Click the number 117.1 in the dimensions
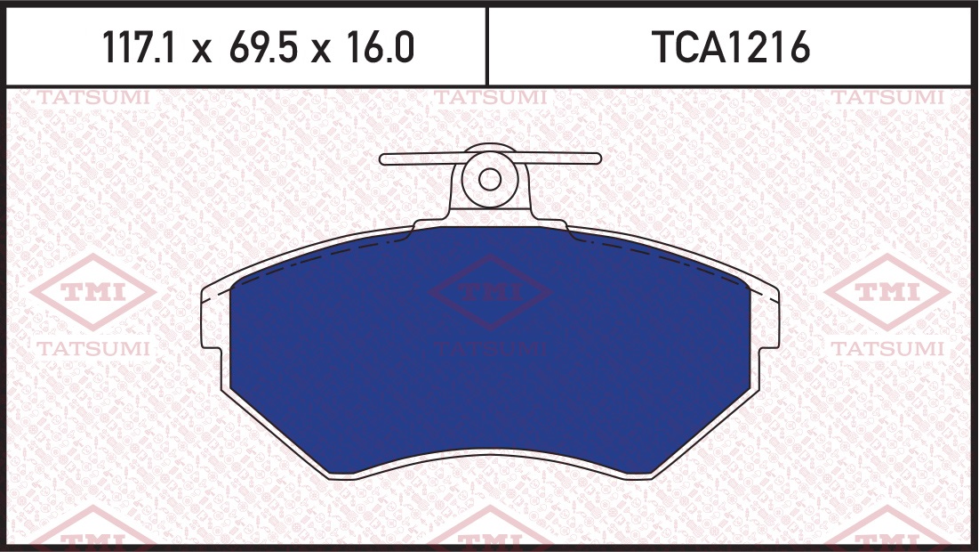point(138,47)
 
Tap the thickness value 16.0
point(380,47)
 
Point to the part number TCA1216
point(730,47)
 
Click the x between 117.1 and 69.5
point(202,50)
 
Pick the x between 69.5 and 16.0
point(322,50)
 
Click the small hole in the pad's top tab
point(489,180)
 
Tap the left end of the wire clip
point(381,158)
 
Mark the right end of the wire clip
point(598,158)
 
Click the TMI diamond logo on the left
point(93,291)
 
